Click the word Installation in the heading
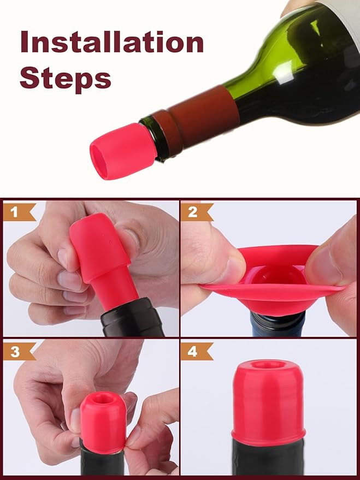[x=111, y=42]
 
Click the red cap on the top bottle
[x=117, y=151]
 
